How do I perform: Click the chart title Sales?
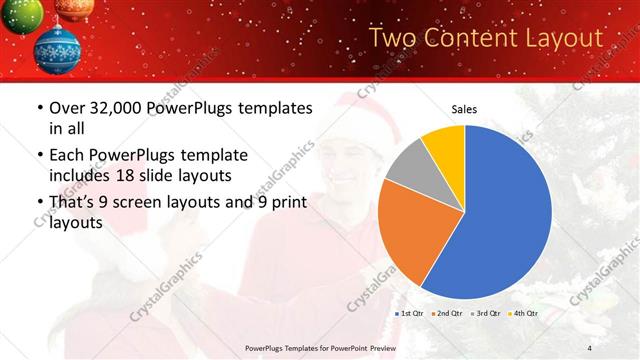click(465, 109)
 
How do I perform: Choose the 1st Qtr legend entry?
click(410, 314)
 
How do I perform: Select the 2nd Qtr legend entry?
click(447, 314)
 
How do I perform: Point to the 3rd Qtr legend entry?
click(485, 314)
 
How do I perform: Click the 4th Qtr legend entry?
click(522, 314)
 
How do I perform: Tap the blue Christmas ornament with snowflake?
click(57, 49)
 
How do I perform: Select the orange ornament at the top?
click(74, 8)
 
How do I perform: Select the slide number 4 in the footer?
click(590, 347)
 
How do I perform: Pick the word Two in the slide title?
click(392, 38)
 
